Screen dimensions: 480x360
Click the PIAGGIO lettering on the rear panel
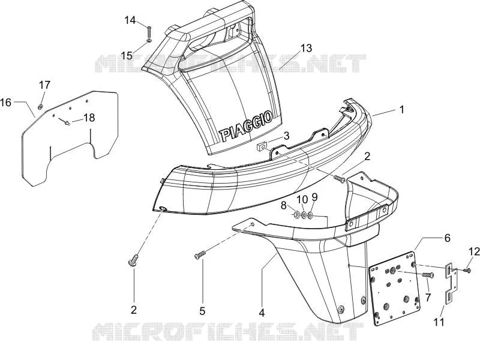click(245, 125)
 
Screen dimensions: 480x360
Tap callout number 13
click(306, 48)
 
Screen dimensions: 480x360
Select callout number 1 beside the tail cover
click(401, 109)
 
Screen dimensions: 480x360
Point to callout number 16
click(5, 102)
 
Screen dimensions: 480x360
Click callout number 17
click(44, 85)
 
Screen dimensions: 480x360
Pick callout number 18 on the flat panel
click(89, 118)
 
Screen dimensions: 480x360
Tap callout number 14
click(130, 20)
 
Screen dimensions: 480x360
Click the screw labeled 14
click(149, 31)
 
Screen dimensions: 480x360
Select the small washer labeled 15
click(149, 40)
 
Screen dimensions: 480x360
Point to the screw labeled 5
click(199, 255)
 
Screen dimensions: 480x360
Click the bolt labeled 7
click(428, 275)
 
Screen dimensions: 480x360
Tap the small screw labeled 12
click(467, 270)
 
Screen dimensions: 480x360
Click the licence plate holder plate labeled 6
click(394, 289)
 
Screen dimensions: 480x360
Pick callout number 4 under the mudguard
click(262, 313)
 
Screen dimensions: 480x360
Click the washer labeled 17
click(40, 107)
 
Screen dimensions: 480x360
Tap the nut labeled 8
click(296, 215)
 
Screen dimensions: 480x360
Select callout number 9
click(314, 197)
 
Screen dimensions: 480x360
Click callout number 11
click(439, 322)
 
